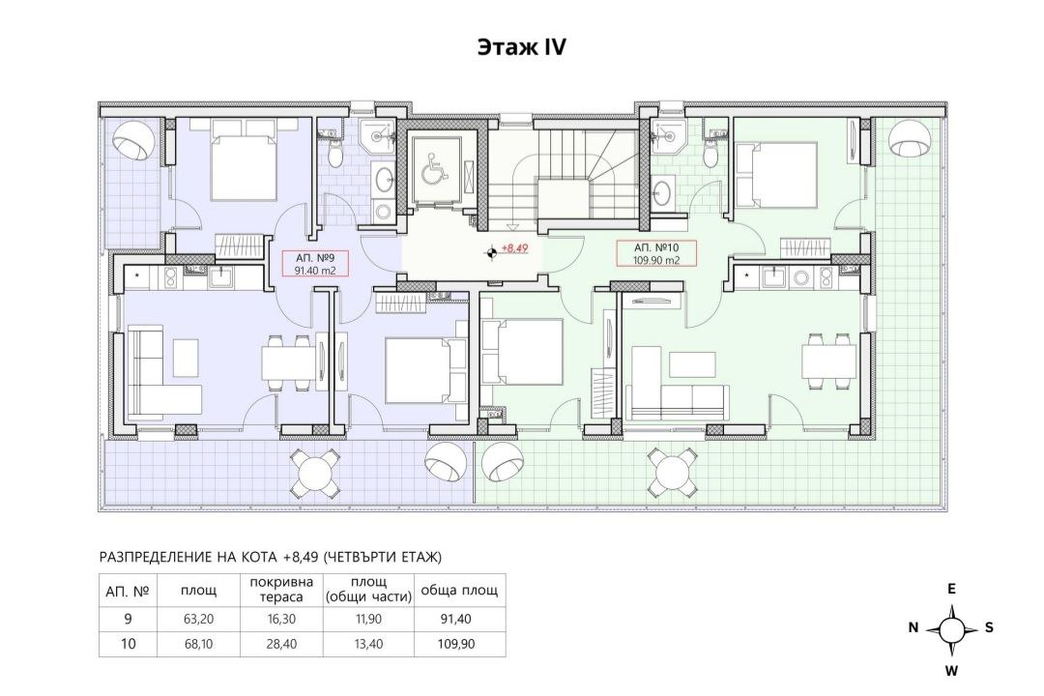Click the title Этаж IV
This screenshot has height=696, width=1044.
[521, 47]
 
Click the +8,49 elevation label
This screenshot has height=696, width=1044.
[514, 247]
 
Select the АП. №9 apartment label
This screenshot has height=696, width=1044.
[314, 258]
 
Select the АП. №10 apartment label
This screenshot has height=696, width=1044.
[657, 247]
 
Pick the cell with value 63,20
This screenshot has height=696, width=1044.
[198, 619]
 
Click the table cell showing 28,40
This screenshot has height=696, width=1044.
[281, 644]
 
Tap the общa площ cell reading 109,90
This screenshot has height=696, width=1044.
[456, 644]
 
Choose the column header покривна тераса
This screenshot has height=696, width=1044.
[281, 590]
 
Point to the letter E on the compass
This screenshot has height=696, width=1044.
[952, 589]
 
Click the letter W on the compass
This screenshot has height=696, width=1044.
[952, 671]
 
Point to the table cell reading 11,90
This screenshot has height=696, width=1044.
[368, 619]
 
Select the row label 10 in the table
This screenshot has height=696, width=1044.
[128, 644]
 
